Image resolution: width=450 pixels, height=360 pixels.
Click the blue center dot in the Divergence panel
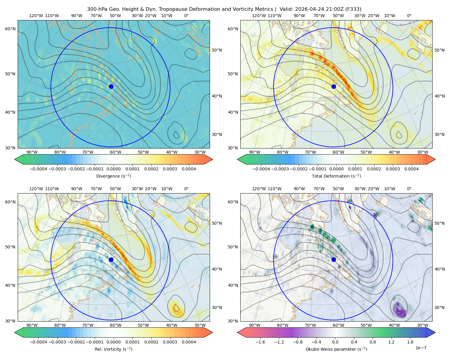111,86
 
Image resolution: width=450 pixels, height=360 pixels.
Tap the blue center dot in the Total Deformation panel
334,86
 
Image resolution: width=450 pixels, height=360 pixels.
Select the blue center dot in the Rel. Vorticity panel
111,259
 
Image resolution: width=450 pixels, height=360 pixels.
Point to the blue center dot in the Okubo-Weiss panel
334,259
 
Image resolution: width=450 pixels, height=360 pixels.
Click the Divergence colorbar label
113,176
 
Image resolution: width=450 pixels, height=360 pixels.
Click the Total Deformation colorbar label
336,176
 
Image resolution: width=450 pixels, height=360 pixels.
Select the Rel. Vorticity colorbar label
113,349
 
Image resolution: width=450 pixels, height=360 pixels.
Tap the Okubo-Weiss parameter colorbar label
336,349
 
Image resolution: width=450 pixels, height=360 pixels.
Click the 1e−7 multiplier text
421,348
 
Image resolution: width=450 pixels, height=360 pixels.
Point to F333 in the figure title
353,9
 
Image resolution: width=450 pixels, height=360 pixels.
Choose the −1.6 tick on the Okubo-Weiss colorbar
260,342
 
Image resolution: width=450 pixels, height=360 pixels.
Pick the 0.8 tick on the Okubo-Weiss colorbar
373,342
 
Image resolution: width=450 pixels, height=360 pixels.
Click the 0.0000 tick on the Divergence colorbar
113,169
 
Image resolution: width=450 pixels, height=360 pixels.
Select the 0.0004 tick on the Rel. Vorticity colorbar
189,342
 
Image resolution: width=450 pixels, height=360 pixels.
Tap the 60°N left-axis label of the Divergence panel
10,29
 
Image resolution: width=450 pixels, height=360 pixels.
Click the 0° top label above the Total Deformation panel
409,16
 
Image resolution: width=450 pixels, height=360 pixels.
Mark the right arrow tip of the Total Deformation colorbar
435,159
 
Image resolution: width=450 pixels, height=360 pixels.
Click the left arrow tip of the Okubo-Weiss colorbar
237,332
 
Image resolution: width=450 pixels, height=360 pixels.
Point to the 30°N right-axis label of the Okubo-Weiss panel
439,307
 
